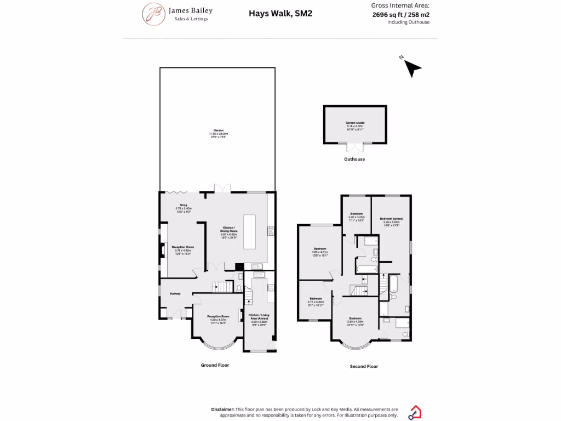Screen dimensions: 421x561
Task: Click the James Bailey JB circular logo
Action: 153,14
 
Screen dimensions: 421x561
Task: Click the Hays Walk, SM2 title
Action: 280,13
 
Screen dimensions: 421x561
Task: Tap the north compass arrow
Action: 413,67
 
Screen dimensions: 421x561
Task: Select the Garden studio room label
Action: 355,123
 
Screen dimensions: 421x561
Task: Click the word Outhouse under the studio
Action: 354,159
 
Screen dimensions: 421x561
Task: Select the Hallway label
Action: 175,294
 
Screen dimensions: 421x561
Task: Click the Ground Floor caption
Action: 215,365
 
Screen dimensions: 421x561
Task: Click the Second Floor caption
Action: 364,366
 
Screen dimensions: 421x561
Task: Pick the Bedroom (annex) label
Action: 391,219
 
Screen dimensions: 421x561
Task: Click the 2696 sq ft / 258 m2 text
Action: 400,15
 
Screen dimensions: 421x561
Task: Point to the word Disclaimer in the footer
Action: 222,409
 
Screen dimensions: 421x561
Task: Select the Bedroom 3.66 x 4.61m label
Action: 319,248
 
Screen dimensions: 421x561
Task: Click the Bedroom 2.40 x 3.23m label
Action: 356,213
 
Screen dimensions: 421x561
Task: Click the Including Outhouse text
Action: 408,22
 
